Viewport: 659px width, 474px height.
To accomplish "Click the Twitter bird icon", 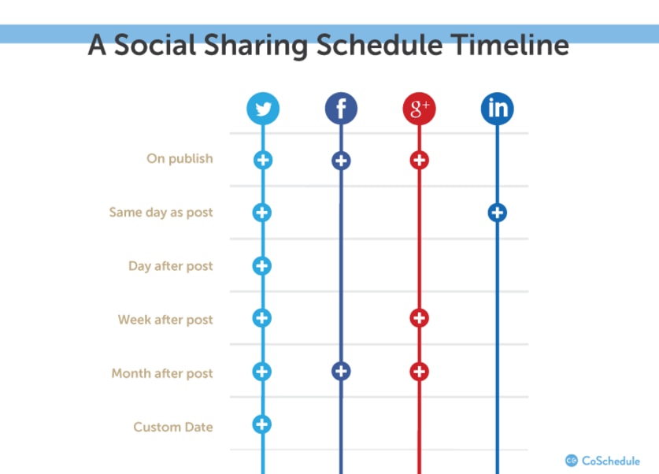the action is tap(263, 109).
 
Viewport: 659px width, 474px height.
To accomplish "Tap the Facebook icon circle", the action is tap(341, 109).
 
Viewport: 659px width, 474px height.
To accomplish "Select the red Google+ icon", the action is tap(419, 109).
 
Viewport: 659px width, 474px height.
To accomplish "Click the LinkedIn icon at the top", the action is tap(497, 109).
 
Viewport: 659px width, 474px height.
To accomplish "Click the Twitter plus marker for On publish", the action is tap(263, 160).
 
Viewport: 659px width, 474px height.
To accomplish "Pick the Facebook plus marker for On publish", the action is tap(341, 161).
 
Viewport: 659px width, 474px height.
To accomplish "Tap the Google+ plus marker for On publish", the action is tap(419, 160).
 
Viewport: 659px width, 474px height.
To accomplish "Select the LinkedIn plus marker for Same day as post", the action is tap(497, 213).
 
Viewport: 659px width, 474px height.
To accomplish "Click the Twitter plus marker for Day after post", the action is tap(262, 266).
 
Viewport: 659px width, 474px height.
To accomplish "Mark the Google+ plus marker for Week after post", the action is tap(419, 318).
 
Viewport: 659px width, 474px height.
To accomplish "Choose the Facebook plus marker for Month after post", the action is tap(341, 371).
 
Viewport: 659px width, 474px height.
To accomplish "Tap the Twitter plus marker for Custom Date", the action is tap(262, 424).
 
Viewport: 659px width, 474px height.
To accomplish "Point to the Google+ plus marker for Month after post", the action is tap(419, 372).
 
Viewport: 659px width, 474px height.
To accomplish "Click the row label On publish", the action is tap(180, 159).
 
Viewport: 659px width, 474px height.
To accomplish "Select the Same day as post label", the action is tap(161, 213).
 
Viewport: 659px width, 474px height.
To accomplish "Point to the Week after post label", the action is tap(165, 320).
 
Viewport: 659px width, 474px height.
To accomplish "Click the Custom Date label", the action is tap(173, 427).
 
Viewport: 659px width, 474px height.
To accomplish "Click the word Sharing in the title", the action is tap(256, 46).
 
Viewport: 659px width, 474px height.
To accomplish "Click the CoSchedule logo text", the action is tap(611, 461).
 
